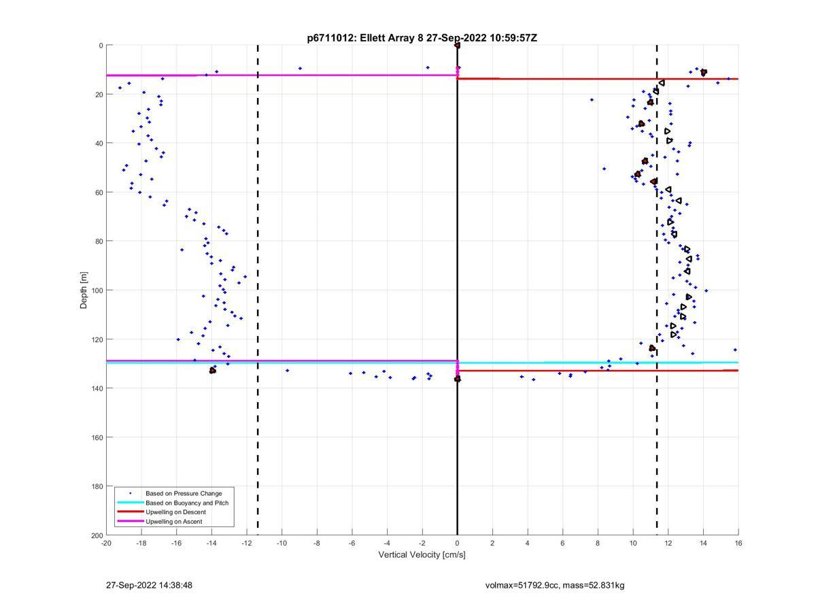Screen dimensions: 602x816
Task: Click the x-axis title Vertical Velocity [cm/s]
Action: point(422,554)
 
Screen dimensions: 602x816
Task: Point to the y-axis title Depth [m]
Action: point(84,290)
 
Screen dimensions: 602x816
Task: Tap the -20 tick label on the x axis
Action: point(106,543)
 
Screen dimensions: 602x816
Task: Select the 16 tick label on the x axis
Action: point(738,543)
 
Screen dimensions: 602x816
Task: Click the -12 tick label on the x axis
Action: point(246,543)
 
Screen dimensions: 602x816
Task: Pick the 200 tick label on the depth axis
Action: point(97,535)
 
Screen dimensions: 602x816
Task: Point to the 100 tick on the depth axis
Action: point(97,290)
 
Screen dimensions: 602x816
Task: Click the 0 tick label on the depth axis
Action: point(101,46)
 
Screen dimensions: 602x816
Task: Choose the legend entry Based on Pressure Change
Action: point(184,493)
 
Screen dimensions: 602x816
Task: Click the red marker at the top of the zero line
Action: point(457,45)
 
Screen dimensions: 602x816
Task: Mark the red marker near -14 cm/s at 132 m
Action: point(213,370)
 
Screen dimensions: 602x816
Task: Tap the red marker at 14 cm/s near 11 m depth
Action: point(704,72)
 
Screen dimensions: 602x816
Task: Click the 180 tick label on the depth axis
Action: point(97,486)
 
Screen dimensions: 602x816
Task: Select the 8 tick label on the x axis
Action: point(598,543)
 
